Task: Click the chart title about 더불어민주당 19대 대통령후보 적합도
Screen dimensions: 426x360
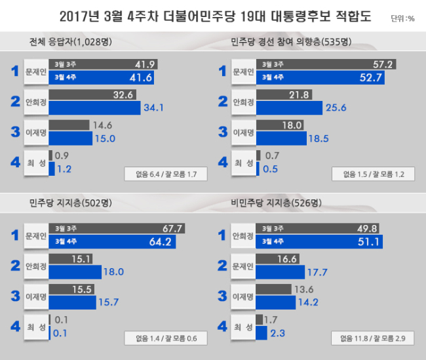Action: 215,16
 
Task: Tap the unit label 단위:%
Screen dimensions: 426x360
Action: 402,18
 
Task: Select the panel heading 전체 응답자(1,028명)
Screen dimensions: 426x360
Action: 71,41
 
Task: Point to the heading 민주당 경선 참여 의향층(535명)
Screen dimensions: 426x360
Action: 291,41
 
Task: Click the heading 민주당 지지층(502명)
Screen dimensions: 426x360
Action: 71,203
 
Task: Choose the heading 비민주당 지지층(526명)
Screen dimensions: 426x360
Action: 277,203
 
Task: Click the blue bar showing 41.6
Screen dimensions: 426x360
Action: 102,77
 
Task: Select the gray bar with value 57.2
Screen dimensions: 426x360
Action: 326,64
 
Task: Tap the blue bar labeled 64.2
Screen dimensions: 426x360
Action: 112,241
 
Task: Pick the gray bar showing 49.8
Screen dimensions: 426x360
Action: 317,228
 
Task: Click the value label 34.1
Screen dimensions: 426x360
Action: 154,108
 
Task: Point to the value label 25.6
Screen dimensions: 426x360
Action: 336,108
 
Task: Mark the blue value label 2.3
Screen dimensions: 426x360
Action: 278,333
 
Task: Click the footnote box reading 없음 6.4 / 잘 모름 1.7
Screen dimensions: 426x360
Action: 166,174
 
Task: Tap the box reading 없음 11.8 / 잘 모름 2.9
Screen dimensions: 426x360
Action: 373,338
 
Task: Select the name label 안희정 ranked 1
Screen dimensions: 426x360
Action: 243,236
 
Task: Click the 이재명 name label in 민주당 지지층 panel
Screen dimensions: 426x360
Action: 36,296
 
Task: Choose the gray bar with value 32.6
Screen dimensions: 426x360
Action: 92,94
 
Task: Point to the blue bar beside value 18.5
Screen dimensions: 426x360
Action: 281,138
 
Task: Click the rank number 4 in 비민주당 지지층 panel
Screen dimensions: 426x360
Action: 223,327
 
